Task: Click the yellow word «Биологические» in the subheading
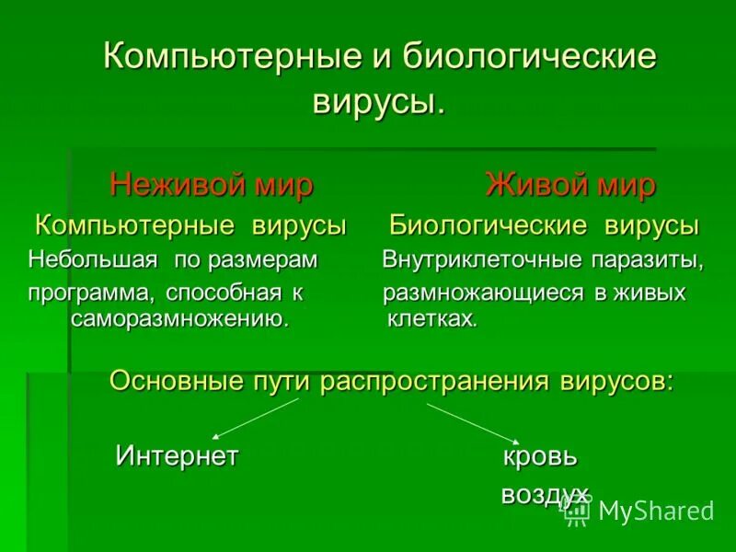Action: pos(489,225)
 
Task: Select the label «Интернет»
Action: pos(177,455)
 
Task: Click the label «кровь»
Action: pos(540,455)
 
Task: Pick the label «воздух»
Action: pos(545,496)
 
